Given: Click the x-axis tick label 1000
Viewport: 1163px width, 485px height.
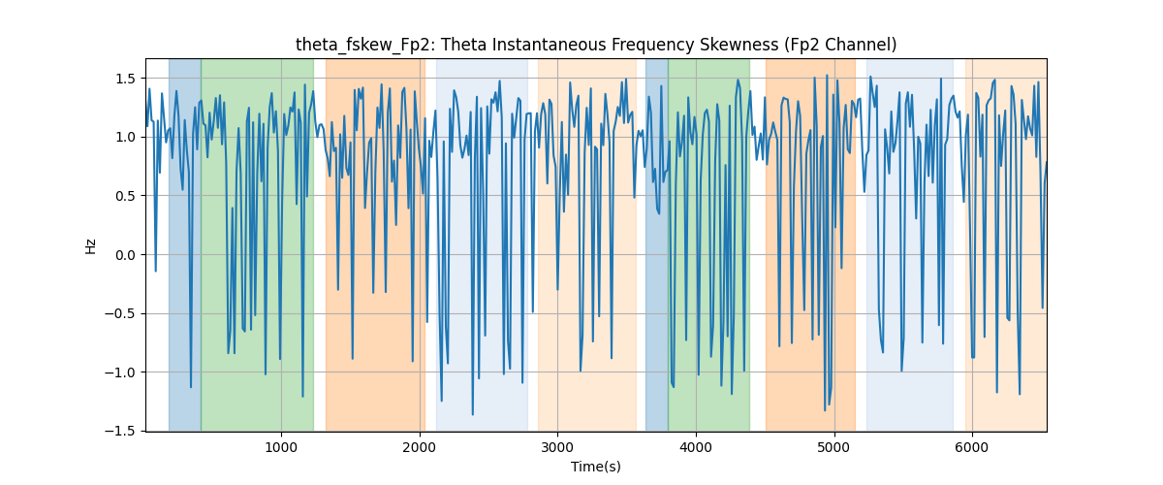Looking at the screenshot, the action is pyautogui.click(x=281, y=447).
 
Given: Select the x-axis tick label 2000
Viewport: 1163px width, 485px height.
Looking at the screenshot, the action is pyautogui.click(x=419, y=447).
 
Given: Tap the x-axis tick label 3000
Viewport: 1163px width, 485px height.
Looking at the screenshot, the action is pyautogui.click(x=557, y=447).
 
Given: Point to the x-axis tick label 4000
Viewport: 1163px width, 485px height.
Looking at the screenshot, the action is pyautogui.click(x=695, y=447).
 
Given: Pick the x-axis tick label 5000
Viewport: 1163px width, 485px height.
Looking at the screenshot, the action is pyautogui.click(x=833, y=447).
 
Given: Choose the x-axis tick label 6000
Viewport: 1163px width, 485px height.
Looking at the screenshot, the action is pyautogui.click(x=971, y=447).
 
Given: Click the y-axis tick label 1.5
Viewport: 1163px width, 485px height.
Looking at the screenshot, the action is pyautogui.click(x=125, y=79).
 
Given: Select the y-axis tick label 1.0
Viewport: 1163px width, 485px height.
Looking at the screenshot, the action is pyautogui.click(x=125, y=137).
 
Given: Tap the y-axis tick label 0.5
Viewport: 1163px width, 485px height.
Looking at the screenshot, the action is pyautogui.click(x=125, y=196).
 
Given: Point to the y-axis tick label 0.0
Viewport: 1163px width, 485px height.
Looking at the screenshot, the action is pyautogui.click(x=125, y=255).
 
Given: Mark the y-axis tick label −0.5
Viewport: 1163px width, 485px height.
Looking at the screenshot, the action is pyautogui.click(x=120, y=313).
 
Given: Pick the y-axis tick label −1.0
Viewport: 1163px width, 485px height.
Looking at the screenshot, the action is pyautogui.click(x=120, y=372).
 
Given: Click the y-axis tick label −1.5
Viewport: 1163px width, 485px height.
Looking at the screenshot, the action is pyautogui.click(x=120, y=431).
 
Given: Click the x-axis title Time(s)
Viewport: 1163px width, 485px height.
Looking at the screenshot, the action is pyautogui.click(x=596, y=467).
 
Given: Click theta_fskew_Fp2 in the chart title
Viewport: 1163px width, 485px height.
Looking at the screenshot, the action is pyautogui.click(x=362, y=46).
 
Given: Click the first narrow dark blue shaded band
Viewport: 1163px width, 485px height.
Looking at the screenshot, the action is pyautogui.click(x=185, y=244).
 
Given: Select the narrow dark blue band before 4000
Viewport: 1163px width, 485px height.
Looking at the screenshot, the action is pyautogui.click(x=657, y=244).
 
